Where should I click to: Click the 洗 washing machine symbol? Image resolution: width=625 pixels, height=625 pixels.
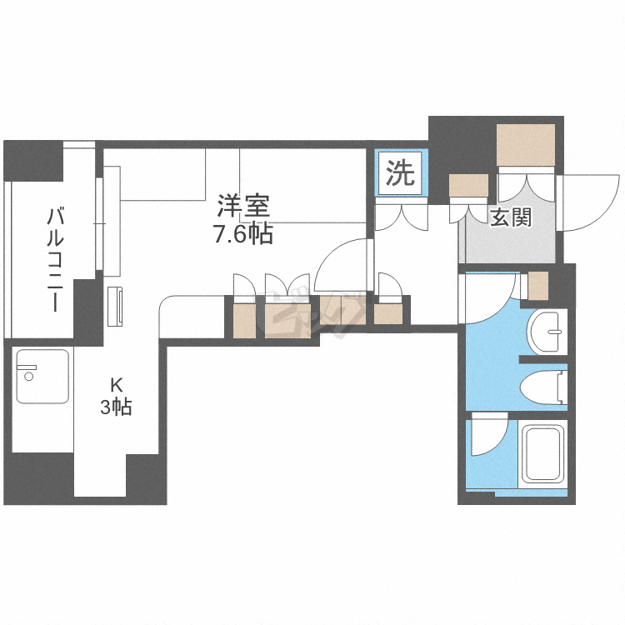coord(401,173)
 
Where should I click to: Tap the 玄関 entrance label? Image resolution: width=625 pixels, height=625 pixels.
coord(510,217)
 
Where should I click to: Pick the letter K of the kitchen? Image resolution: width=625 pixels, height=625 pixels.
coord(117,386)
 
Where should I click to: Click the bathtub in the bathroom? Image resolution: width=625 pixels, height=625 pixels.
coord(542,455)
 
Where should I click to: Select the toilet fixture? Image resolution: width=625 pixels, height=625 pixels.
coord(543,388)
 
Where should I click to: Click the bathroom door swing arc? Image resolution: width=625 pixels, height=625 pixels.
coord(489,434)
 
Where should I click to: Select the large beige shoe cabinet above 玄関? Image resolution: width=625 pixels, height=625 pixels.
coord(526,145)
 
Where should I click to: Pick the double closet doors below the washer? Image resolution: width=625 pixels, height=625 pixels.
coord(401,215)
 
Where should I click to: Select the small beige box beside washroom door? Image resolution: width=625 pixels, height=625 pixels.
coord(538,285)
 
